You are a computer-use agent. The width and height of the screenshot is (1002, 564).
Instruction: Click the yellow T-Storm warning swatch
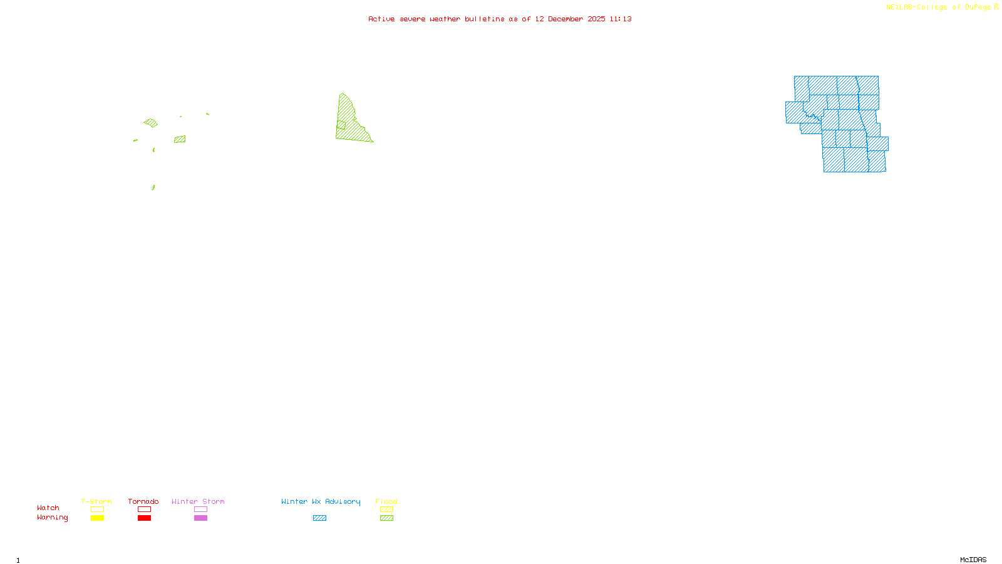tap(97, 518)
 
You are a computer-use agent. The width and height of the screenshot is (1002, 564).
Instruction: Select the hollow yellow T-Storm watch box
tap(97, 509)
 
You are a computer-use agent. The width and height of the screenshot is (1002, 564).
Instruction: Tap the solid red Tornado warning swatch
tap(144, 518)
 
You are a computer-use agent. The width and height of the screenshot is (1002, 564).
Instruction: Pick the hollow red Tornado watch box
tap(144, 509)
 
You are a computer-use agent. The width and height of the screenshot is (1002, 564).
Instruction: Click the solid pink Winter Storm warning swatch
tap(200, 518)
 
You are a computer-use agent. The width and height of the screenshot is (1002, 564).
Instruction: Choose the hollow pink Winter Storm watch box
tap(200, 509)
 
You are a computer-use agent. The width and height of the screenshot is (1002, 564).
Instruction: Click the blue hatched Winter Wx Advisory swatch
tap(319, 518)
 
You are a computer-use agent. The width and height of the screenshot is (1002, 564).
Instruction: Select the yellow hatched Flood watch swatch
tap(386, 509)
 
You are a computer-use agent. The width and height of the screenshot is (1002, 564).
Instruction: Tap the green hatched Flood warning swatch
tap(386, 518)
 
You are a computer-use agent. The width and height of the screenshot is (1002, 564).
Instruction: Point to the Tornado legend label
tap(143, 501)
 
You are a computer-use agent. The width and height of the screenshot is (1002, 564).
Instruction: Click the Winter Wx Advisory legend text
tap(321, 501)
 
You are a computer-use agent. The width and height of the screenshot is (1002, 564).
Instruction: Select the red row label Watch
tap(48, 508)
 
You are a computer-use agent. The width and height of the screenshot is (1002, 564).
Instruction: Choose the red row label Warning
tap(52, 518)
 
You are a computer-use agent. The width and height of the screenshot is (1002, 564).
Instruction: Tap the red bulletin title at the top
tap(500, 19)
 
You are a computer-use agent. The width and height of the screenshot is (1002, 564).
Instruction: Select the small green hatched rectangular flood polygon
tap(180, 139)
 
